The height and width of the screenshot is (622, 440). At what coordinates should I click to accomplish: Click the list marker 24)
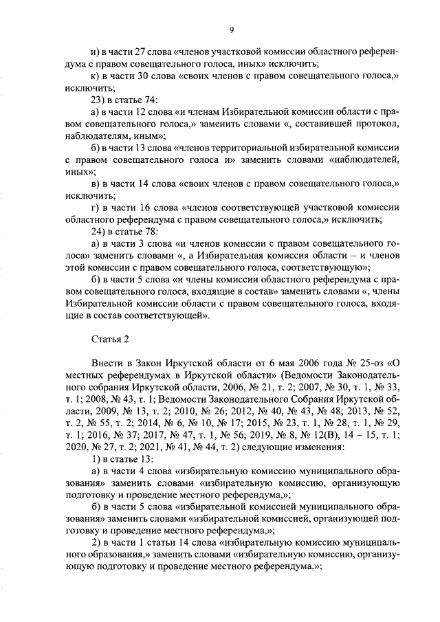click(x=99, y=231)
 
